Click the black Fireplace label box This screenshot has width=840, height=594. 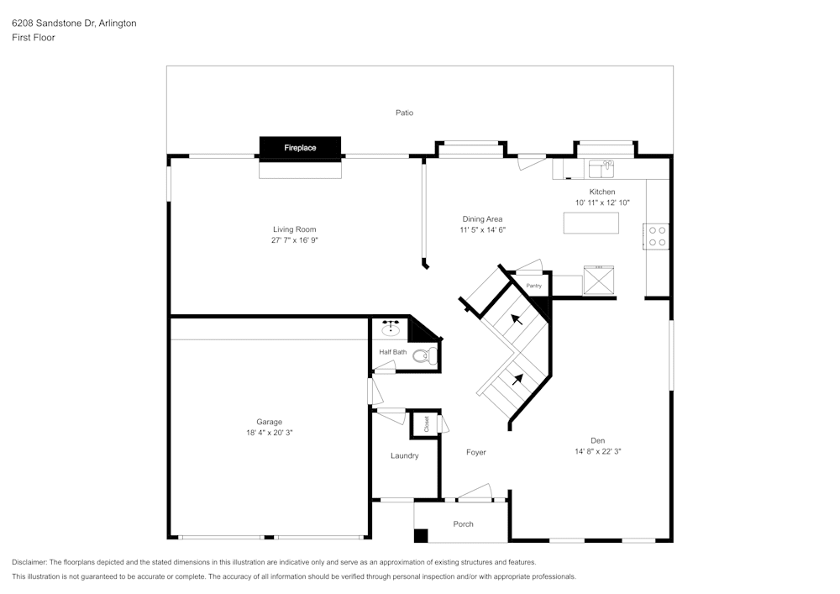tap(300, 148)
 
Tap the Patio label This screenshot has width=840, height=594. tap(404, 113)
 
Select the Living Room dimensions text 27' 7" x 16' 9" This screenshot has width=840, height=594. tap(294, 240)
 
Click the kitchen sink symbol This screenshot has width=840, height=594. tap(601, 169)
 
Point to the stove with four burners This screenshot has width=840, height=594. tap(656, 235)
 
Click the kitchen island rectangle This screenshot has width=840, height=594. tap(591, 223)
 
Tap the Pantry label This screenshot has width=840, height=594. tap(534, 286)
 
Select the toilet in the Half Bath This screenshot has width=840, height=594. tap(423, 355)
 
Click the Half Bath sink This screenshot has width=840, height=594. tap(391, 329)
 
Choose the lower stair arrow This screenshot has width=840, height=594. tap(517, 378)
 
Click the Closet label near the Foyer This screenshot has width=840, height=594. tap(426, 424)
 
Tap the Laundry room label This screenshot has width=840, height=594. tap(404, 456)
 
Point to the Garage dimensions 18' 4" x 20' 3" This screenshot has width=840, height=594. tap(269, 433)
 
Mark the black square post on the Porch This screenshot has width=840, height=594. tap(421, 535)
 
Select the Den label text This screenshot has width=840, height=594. tap(597, 440)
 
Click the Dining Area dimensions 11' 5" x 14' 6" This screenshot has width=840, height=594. tap(482, 230)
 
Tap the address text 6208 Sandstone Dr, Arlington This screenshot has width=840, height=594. tap(74, 24)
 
